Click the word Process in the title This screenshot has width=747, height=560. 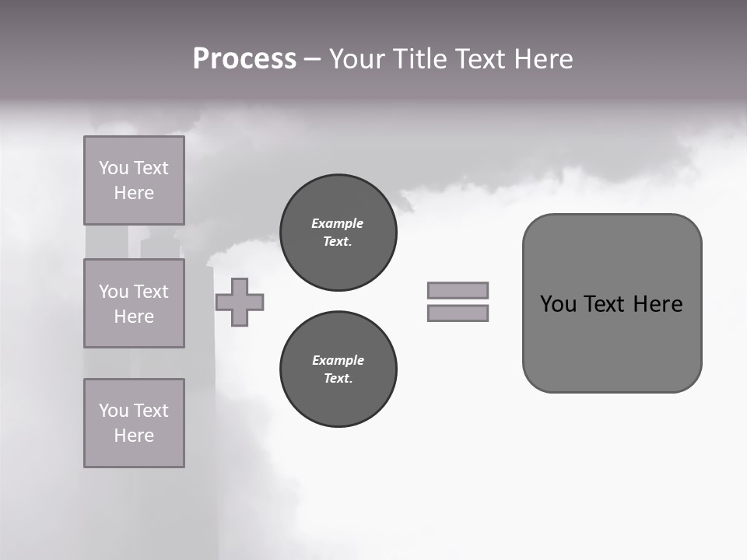pyautogui.click(x=244, y=59)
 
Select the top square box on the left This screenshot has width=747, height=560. pyautogui.click(x=134, y=180)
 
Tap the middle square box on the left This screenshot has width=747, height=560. pyautogui.click(x=134, y=303)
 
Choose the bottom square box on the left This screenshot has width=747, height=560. pyautogui.click(x=134, y=423)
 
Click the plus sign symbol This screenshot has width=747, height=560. pyautogui.click(x=240, y=302)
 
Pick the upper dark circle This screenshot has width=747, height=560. pyautogui.click(x=338, y=232)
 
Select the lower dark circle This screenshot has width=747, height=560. pyautogui.click(x=338, y=369)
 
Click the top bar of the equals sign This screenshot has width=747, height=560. pyautogui.click(x=458, y=290)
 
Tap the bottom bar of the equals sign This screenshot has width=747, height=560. pyautogui.click(x=458, y=313)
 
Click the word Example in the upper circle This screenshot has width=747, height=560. pyautogui.click(x=337, y=223)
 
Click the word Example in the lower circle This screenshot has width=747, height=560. pyautogui.click(x=338, y=360)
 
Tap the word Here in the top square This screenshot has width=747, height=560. pyautogui.click(x=134, y=193)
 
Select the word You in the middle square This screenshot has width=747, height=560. pyautogui.click(x=112, y=292)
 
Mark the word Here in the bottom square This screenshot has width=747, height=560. pyautogui.click(x=134, y=436)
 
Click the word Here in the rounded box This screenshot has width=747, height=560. pyautogui.click(x=658, y=304)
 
